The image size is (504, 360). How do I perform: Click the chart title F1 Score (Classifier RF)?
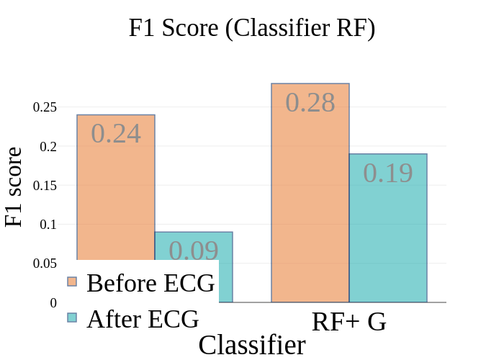pyautogui.click(x=252, y=29)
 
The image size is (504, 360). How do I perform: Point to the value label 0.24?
pyautogui.click(x=116, y=134)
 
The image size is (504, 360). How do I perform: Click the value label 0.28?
pyautogui.click(x=310, y=102)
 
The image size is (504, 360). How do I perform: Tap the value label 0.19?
pyautogui.click(x=388, y=174)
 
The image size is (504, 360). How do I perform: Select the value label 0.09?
pyautogui.click(x=194, y=251)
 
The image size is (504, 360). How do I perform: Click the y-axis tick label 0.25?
pyautogui.click(x=45, y=107)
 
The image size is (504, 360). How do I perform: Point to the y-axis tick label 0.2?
pyautogui.click(x=48, y=147)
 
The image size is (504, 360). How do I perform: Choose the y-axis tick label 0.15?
pyautogui.click(x=45, y=186)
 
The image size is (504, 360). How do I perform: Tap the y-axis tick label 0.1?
pyautogui.click(x=48, y=225)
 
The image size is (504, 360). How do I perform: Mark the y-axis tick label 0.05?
pyautogui.click(x=45, y=264)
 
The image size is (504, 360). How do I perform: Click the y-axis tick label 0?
pyautogui.click(x=53, y=303)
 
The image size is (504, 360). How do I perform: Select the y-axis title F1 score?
pyautogui.click(x=14, y=187)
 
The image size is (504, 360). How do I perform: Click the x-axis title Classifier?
pyautogui.click(x=252, y=346)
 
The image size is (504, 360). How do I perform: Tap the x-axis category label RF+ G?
pyautogui.click(x=349, y=322)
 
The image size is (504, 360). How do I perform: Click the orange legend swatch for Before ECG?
pyautogui.click(x=72, y=282)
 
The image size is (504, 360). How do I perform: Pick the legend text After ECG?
pyautogui.click(x=143, y=318)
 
